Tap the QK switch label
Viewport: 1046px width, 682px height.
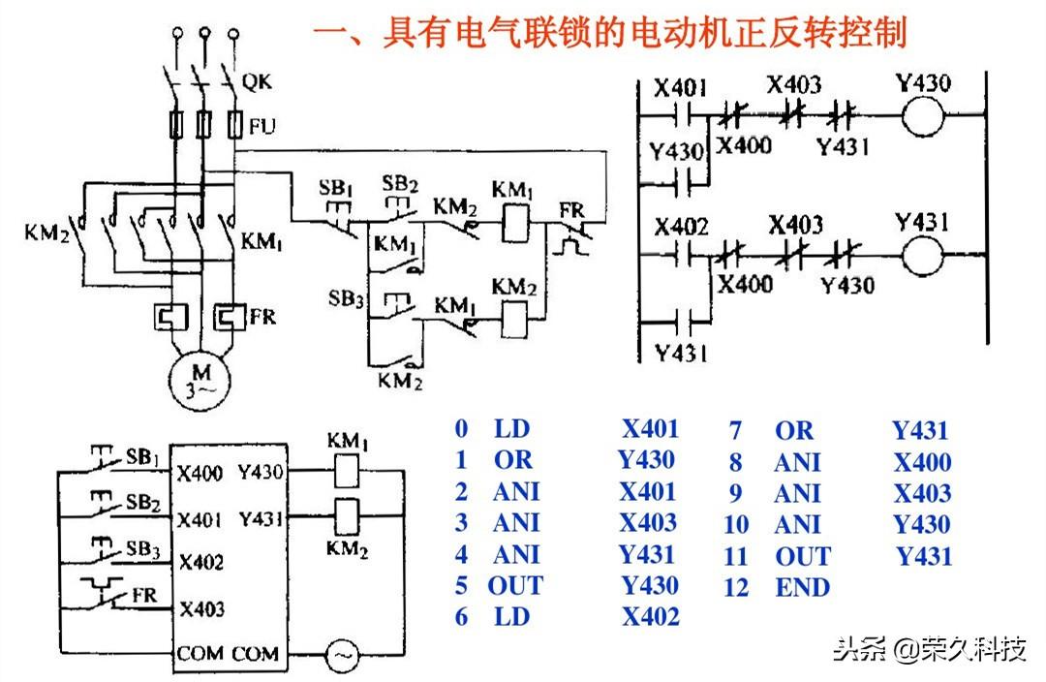tap(257, 83)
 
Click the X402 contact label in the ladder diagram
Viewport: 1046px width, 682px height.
tap(681, 228)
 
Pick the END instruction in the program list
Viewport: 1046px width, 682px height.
tap(802, 587)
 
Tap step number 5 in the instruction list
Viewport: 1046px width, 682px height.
tap(462, 585)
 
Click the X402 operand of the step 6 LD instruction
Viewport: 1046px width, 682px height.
tap(650, 616)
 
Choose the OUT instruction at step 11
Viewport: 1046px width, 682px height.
tap(802, 556)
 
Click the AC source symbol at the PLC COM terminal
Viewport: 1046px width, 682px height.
tap(341, 656)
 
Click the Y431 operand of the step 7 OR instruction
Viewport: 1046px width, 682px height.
tap(920, 430)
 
